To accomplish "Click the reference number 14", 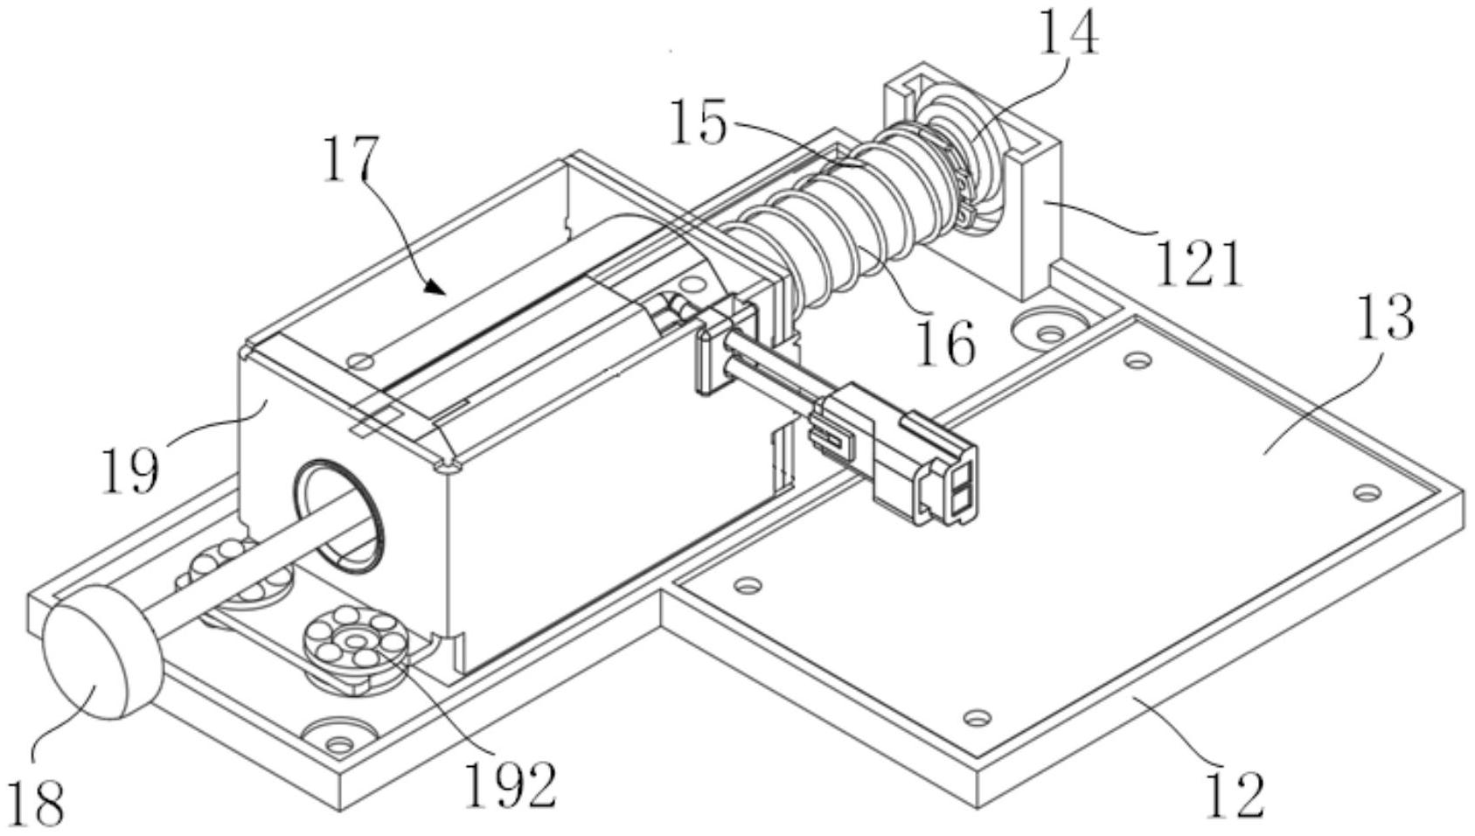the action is (x=1068, y=32).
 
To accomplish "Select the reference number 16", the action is (x=945, y=343).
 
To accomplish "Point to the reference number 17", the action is (x=351, y=158).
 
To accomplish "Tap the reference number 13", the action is (x=1385, y=317).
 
